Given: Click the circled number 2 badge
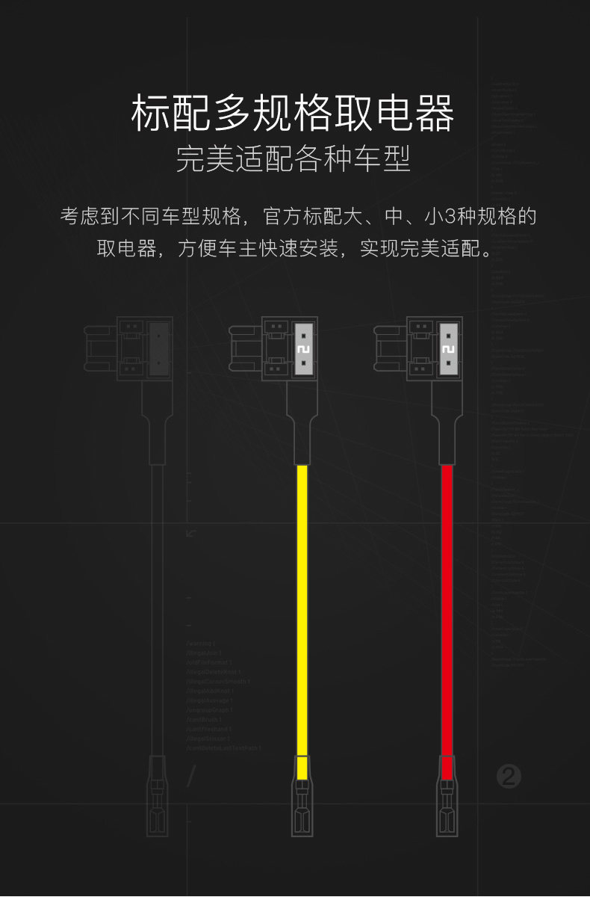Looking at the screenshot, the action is click(509, 777).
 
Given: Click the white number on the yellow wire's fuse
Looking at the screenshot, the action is click(302, 350).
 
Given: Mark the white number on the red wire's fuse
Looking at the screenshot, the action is click(447, 350).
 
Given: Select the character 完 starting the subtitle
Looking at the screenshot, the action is click(191, 158).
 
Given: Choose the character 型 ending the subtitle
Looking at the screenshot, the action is click(397, 158).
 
